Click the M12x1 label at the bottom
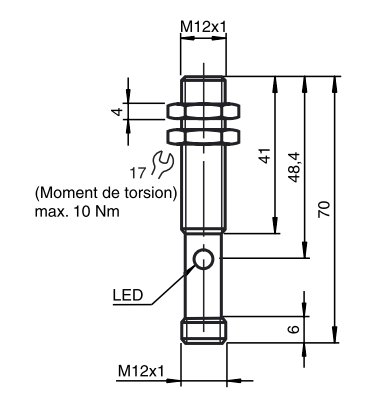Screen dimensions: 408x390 (x=141, y=371)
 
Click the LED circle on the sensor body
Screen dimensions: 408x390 (x=204, y=261)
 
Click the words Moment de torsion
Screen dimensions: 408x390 (x=106, y=193)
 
